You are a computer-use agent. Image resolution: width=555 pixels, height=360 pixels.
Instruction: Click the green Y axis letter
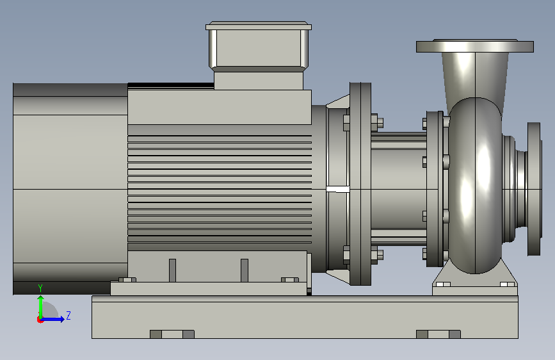coord(40,288)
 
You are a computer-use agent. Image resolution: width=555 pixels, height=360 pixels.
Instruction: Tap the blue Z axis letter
coord(68,315)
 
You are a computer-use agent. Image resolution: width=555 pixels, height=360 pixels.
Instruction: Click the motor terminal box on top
coord(259,55)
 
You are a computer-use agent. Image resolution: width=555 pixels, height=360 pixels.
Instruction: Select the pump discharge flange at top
coord(474,46)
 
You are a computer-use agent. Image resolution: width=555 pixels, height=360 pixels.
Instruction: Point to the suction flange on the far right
coord(534,189)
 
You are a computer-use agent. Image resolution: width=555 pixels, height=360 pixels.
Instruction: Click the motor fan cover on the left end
coord(70,189)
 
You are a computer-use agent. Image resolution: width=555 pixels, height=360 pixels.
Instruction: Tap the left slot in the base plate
coord(172,334)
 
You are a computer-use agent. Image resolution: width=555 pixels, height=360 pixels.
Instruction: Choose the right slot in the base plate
coord(438,334)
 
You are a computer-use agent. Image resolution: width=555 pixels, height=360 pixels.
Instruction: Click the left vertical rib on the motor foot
coord(172,270)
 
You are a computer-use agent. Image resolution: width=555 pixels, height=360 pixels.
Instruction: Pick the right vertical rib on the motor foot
coord(245,270)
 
